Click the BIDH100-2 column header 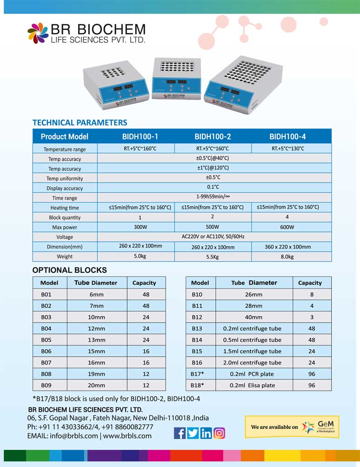(213, 136)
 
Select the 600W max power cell (287, 227)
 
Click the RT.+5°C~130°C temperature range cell (287, 149)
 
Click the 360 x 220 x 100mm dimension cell (287, 247)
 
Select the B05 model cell (46, 339)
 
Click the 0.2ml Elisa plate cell (252, 385)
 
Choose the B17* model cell (198, 374)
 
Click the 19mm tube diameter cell (96, 374)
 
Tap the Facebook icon (180, 433)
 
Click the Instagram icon (219, 433)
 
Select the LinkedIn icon (206, 433)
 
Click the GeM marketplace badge (292, 427)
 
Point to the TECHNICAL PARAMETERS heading (80, 122)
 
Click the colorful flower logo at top (38, 33)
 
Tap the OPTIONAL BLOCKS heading (69, 270)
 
